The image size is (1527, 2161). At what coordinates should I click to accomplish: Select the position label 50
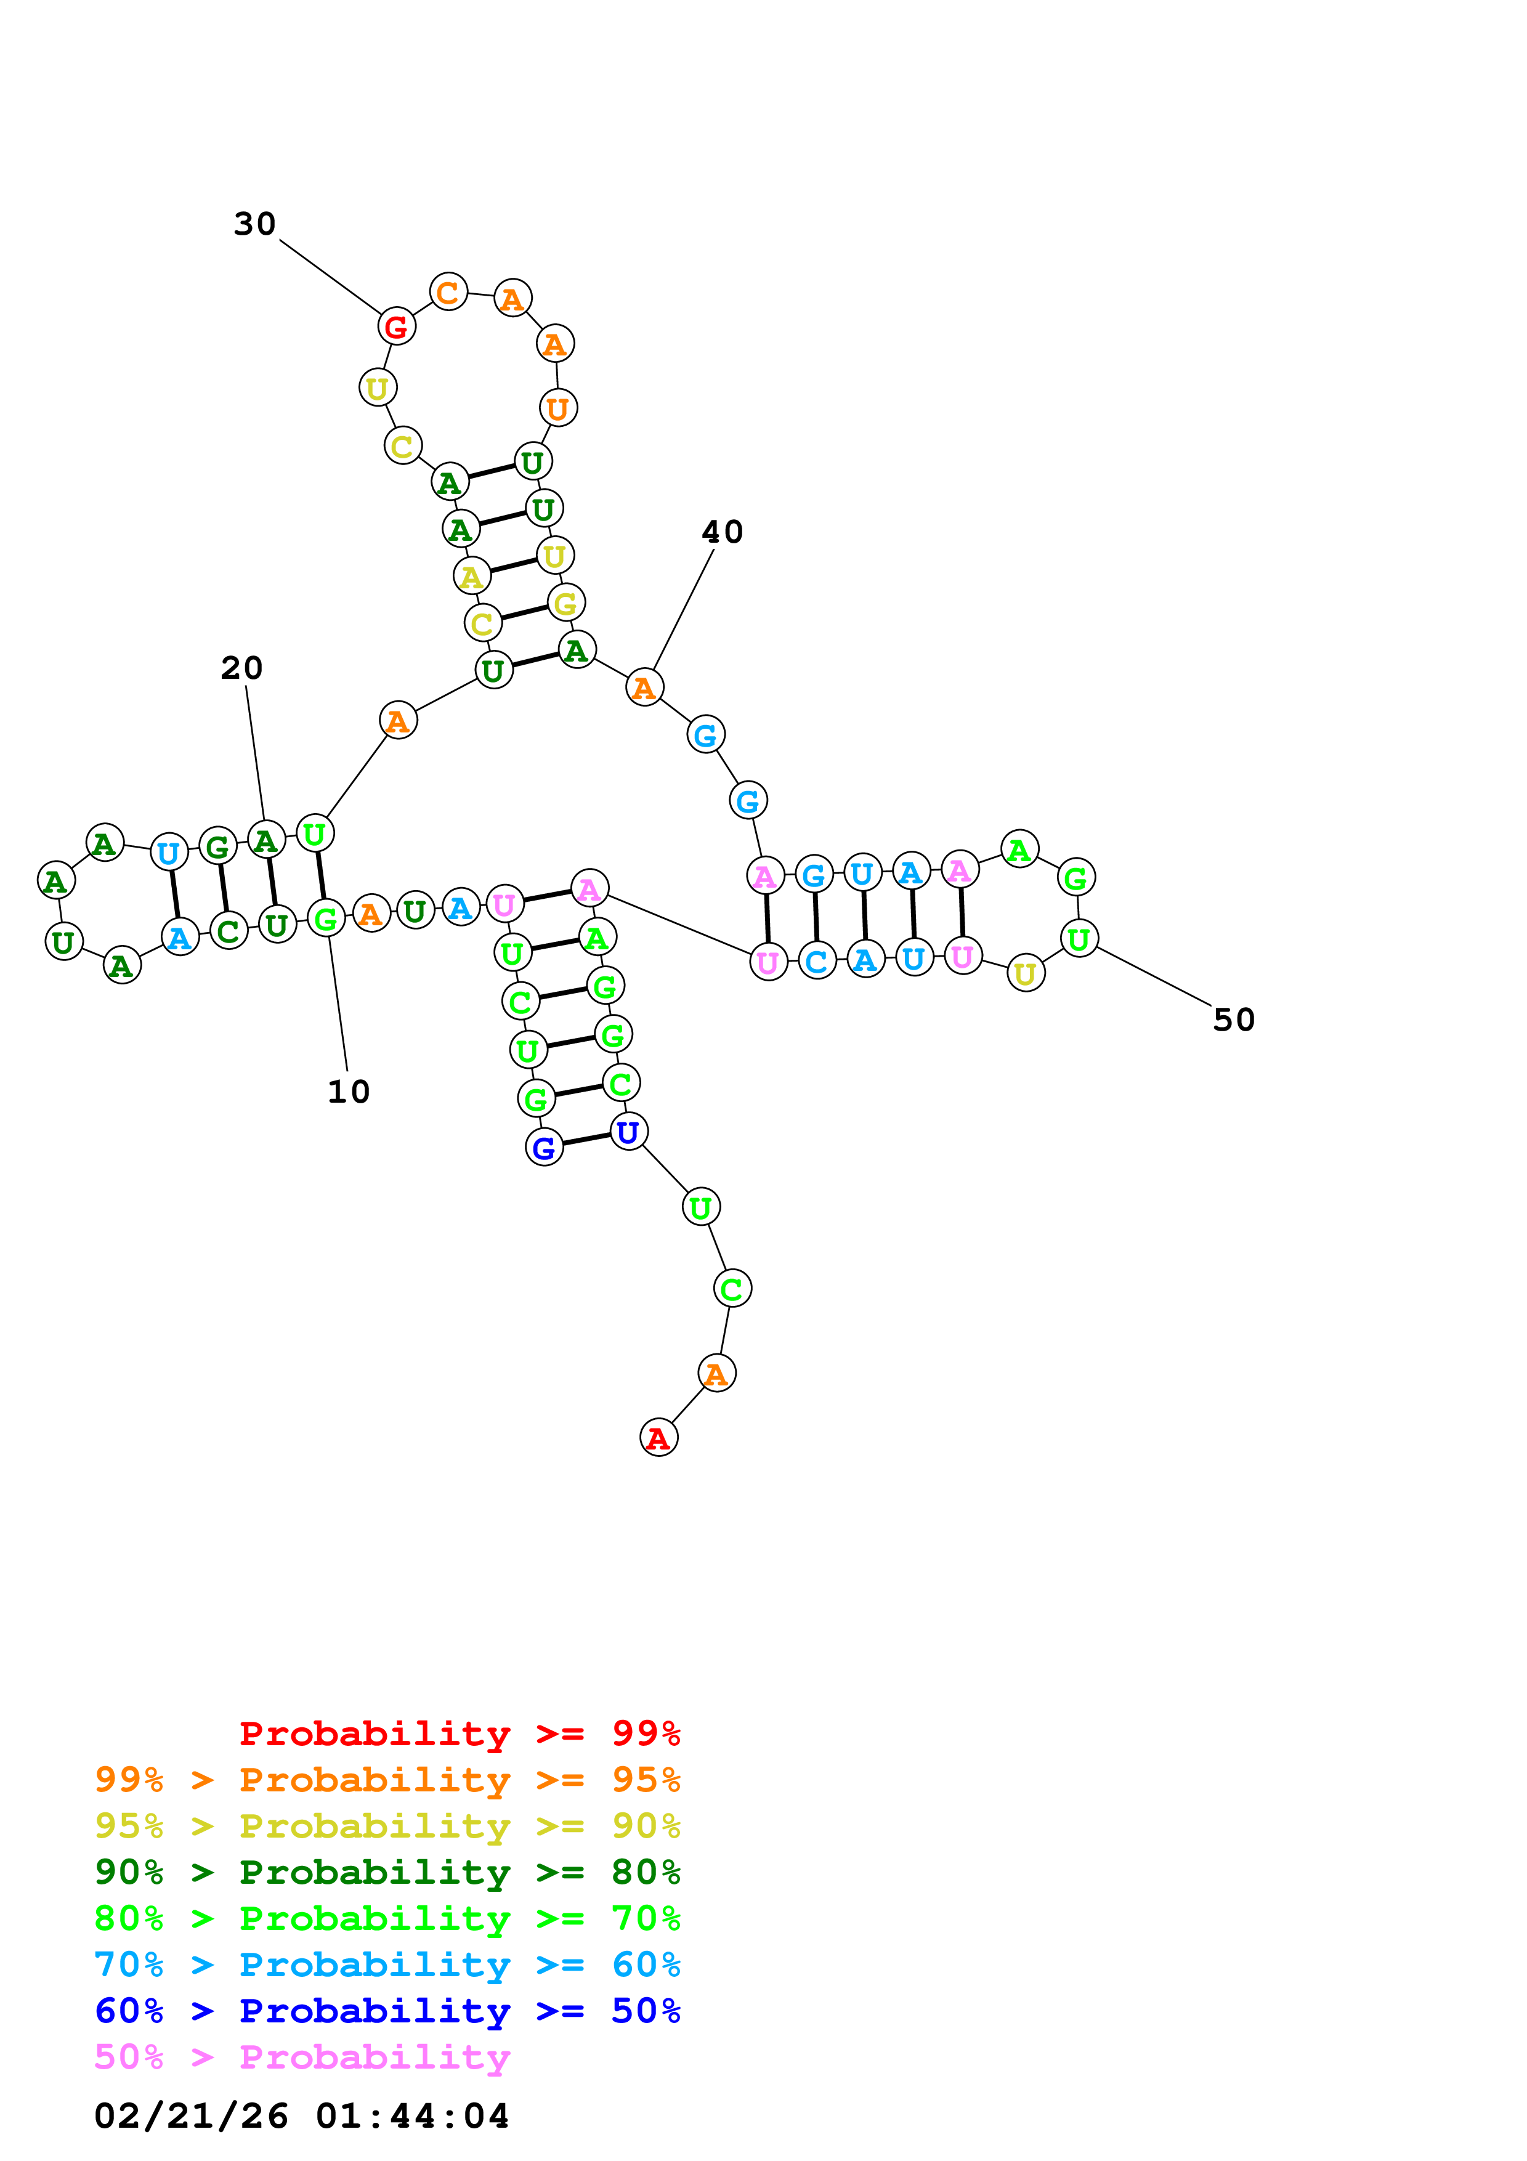(x=1233, y=1020)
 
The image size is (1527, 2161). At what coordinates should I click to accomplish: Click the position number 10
(x=348, y=1091)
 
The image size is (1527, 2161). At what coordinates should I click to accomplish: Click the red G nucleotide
(x=396, y=326)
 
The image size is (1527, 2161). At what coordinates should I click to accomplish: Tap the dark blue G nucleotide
(x=544, y=1147)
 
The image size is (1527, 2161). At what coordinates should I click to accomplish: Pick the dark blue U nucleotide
(x=628, y=1132)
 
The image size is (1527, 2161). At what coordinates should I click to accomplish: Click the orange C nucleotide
(x=448, y=292)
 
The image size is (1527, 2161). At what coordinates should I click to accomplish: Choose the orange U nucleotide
(x=558, y=408)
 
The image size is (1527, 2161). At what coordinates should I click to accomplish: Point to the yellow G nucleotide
(x=565, y=602)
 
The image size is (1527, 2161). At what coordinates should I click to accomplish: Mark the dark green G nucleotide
(x=217, y=847)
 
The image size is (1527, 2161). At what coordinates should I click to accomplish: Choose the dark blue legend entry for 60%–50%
(x=387, y=2011)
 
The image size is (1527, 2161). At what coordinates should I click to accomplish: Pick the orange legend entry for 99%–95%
(x=387, y=1780)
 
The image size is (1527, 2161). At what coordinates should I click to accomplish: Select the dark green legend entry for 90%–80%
(x=387, y=1872)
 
